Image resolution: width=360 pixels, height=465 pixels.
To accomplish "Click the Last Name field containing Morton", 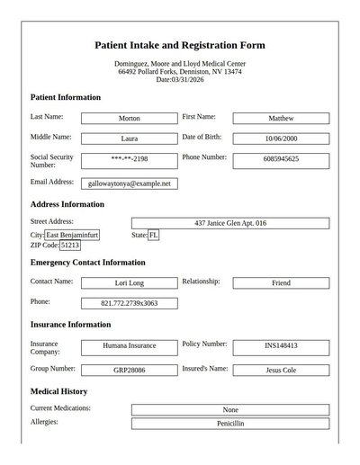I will point(129,118).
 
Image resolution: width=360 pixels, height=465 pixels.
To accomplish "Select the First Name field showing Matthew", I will point(281,118).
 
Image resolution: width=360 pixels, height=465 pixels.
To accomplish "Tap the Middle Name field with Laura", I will point(129,139).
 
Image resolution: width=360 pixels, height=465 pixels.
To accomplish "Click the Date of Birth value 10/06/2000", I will point(281,139).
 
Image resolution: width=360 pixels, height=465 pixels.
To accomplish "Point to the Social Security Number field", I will point(129,159).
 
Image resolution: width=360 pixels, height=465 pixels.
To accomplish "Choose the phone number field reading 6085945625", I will point(281,159).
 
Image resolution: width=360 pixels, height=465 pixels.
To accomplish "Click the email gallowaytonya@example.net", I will point(129,183).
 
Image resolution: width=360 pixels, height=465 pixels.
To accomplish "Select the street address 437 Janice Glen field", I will point(229,223).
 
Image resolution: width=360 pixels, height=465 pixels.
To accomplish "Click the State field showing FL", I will point(154,235).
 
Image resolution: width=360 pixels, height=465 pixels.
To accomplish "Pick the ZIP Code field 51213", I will point(70,245).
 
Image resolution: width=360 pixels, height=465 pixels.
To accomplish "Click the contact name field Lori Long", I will point(129,282).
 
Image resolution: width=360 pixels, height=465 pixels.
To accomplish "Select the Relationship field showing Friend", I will point(281,282).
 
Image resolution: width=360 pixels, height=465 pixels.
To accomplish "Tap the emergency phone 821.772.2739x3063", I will point(129,303).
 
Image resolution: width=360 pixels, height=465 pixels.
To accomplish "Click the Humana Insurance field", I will point(129,345).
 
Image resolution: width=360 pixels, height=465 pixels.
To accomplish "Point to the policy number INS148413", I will point(281,345).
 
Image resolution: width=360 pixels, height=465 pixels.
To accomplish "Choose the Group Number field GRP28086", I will point(129,370).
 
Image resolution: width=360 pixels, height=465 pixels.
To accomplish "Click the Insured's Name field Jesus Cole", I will point(281,370).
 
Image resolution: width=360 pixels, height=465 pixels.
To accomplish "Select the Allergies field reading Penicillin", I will point(229,423).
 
